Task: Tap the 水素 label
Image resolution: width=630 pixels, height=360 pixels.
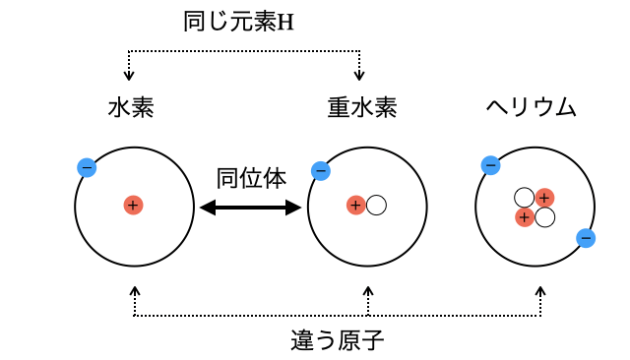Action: tap(131, 107)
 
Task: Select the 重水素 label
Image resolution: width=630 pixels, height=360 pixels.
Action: tap(362, 107)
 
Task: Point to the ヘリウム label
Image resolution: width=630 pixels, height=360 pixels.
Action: tap(532, 107)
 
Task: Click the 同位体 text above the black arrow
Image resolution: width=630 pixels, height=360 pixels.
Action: tap(251, 178)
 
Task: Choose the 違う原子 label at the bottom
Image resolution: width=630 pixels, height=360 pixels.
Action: tap(338, 340)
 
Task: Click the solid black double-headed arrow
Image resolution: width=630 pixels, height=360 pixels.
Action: tap(250, 207)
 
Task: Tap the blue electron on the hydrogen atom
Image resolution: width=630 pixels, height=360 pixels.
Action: tap(87, 167)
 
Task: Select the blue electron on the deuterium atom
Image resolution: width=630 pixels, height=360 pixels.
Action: tap(320, 171)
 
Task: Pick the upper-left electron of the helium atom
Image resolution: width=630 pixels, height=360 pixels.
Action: tap(490, 165)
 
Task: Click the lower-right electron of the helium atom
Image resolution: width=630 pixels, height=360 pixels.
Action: tap(586, 237)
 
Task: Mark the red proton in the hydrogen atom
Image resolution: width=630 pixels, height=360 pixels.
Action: tap(133, 205)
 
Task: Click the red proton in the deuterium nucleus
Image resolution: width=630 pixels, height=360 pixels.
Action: tap(356, 205)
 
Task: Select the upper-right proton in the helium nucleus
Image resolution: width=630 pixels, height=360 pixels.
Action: tap(544, 198)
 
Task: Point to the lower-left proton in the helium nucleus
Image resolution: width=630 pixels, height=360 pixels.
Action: tap(525, 216)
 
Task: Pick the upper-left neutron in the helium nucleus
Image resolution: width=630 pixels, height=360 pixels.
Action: tap(525, 198)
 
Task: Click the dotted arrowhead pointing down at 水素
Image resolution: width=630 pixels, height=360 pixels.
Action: tap(128, 75)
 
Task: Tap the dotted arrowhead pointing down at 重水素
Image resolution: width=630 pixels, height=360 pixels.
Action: tap(359, 75)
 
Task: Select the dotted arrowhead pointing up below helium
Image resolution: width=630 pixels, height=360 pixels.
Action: tap(540, 292)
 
